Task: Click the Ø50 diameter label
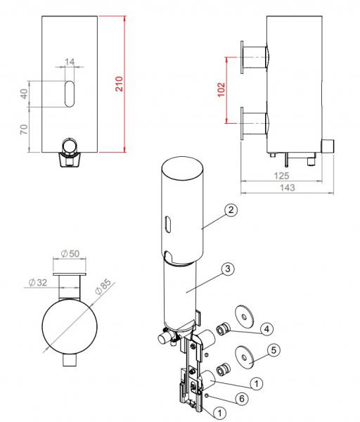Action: point(71,252)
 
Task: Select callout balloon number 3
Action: point(227,269)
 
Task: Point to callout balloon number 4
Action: point(266,328)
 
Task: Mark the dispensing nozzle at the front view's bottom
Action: point(70,151)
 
